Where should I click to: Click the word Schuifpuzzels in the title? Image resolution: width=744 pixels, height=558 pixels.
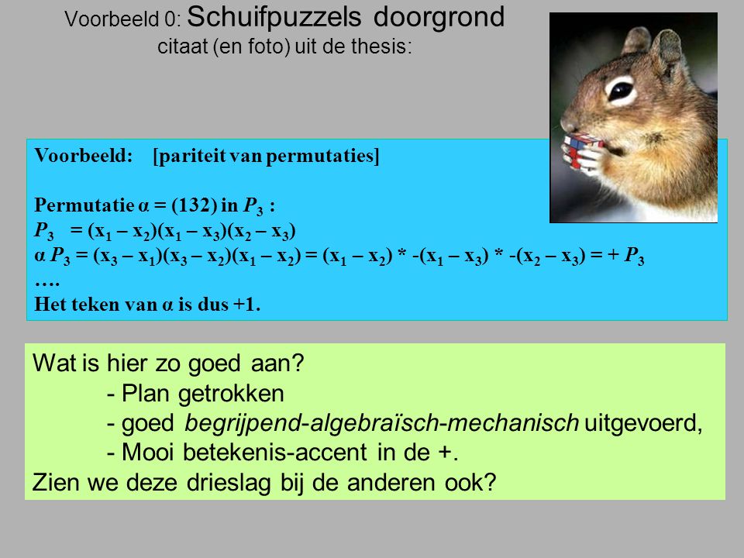point(274,18)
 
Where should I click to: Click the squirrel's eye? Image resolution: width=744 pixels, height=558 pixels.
point(621,90)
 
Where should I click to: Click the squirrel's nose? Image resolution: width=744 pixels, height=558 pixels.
point(566,122)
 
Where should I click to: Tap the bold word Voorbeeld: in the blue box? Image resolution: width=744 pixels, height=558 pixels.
point(84,156)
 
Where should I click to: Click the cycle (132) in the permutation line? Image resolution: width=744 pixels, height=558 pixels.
point(194,205)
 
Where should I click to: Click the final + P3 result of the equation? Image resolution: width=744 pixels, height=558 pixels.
point(626,256)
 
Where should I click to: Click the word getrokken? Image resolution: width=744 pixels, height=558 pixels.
point(231,394)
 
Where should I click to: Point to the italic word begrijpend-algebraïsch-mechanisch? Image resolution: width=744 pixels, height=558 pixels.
point(381,423)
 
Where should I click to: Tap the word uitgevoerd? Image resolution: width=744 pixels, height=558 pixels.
point(643,423)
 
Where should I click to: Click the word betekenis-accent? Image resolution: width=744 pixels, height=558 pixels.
point(274,452)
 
